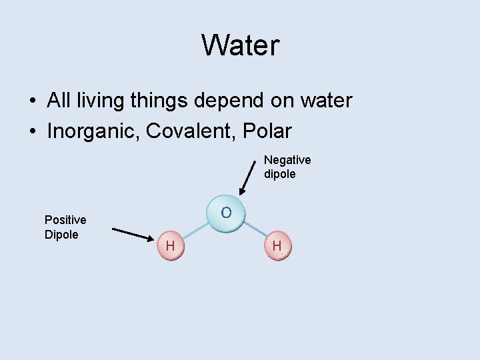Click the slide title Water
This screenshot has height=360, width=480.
point(240,45)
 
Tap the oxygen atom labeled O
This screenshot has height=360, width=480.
point(227,213)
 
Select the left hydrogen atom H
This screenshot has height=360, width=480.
point(171,246)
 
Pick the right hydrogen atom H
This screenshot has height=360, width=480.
point(277,246)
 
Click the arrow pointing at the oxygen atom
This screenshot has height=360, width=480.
point(247,177)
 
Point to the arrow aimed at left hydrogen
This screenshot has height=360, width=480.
point(133,234)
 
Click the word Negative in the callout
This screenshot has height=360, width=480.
point(287,160)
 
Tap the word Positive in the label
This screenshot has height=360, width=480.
point(65,220)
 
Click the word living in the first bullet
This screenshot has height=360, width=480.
point(105,101)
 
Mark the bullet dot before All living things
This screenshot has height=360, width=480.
point(32,101)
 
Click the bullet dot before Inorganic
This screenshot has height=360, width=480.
point(32,132)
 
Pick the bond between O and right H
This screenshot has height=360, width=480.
point(255,229)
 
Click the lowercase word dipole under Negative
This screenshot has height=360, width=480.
point(280,175)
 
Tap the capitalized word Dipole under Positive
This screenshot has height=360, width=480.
point(61,235)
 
